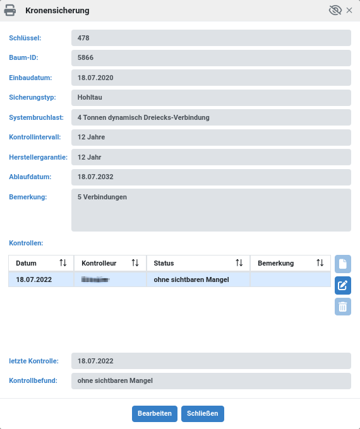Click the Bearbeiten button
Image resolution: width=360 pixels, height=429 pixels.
coord(154,414)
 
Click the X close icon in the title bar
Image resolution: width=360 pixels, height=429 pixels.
coord(349,10)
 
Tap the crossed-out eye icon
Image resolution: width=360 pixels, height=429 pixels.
coord(335,10)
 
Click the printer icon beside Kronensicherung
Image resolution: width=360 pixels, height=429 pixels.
coord(11,10)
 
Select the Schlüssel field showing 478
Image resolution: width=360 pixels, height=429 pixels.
coord(211,38)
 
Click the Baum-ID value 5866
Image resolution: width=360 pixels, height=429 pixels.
coord(211,58)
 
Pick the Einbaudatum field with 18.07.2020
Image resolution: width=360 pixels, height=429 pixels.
coord(211,78)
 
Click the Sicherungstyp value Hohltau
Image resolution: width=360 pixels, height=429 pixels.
coord(211,98)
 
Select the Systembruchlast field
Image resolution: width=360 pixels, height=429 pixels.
coord(211,117)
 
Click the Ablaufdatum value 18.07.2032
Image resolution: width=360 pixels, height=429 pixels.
coord(211,177)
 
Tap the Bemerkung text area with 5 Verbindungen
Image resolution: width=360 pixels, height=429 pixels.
coord(211,209)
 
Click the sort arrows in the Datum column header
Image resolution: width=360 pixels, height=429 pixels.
coord(63,263)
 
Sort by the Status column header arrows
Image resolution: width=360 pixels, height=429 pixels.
coord(239,263)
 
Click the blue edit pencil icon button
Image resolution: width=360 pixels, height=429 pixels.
coord(342,285)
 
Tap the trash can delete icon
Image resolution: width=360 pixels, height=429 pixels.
coord(342,307)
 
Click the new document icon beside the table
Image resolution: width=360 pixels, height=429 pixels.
coord(342,264)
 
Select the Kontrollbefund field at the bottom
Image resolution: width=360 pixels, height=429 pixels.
coord(211,381)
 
